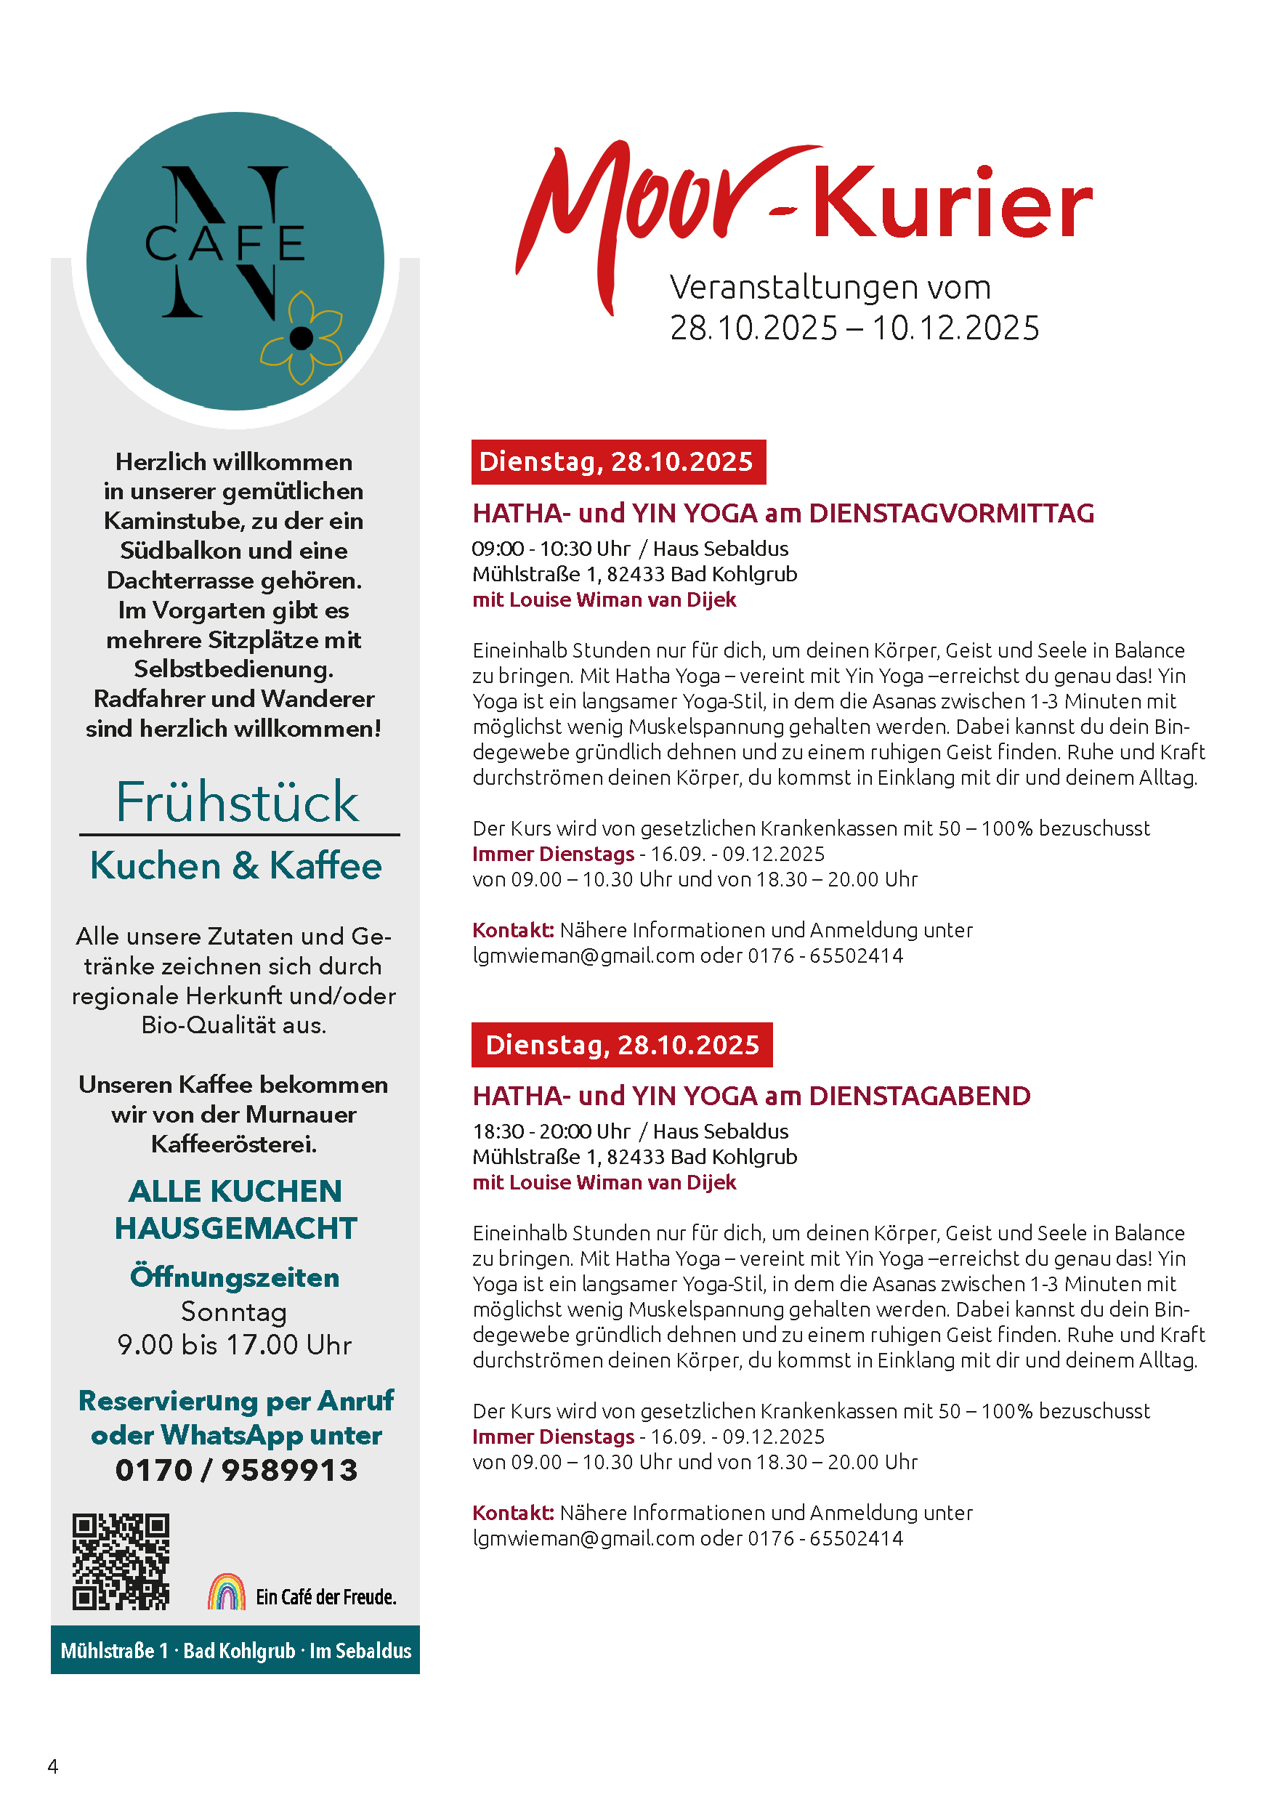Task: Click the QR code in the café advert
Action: tap(121, 1561)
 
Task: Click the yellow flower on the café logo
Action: tap(302, 339)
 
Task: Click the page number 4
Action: tap(52, 1766)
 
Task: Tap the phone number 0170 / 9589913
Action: tap(236, 1470)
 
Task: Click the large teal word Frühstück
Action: tap(237, 802)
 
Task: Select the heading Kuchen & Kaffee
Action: tap(235, 865)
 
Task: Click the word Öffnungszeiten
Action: tap(235, 1277)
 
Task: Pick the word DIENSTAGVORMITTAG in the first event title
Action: tap(951, 513)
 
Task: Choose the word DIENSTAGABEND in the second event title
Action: tap(919, 1096)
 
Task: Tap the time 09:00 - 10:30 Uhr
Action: tap(550, 549)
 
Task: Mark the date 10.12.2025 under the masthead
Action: tap(955, 328)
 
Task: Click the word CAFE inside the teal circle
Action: tap(225, 243)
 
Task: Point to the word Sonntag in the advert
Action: tap(234, 1312)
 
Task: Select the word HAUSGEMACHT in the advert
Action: tap(235, 1227)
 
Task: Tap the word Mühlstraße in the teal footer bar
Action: tap(108, 1651)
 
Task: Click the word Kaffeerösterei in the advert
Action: tap(234, 1144)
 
